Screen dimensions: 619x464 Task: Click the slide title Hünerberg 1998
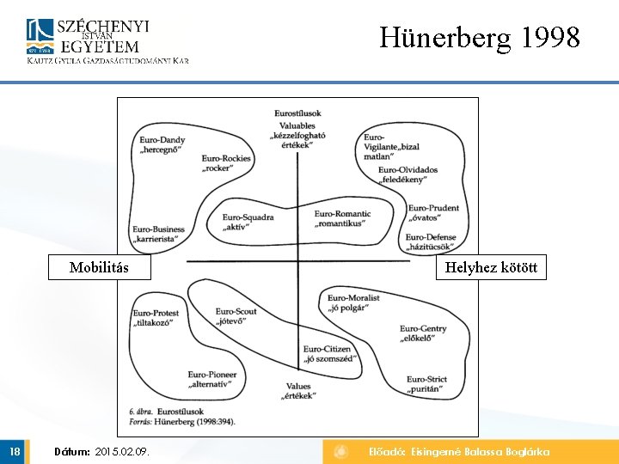480,38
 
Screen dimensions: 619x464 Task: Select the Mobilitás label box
99,267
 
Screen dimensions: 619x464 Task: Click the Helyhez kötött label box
491,267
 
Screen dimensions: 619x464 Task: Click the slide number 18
15,452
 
